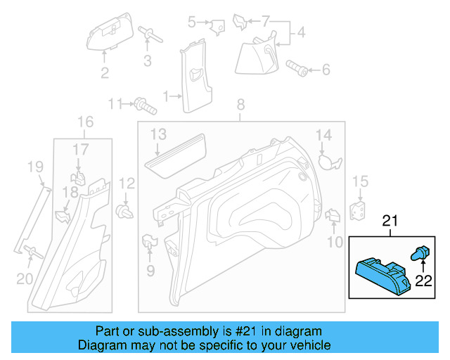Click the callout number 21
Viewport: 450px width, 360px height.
pos(389,221)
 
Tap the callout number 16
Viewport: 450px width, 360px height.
pos(84,122)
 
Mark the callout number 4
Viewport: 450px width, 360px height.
pos(301,32)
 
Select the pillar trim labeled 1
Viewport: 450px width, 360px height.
pos(191,73)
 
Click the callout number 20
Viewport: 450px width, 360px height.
pos(25,279)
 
